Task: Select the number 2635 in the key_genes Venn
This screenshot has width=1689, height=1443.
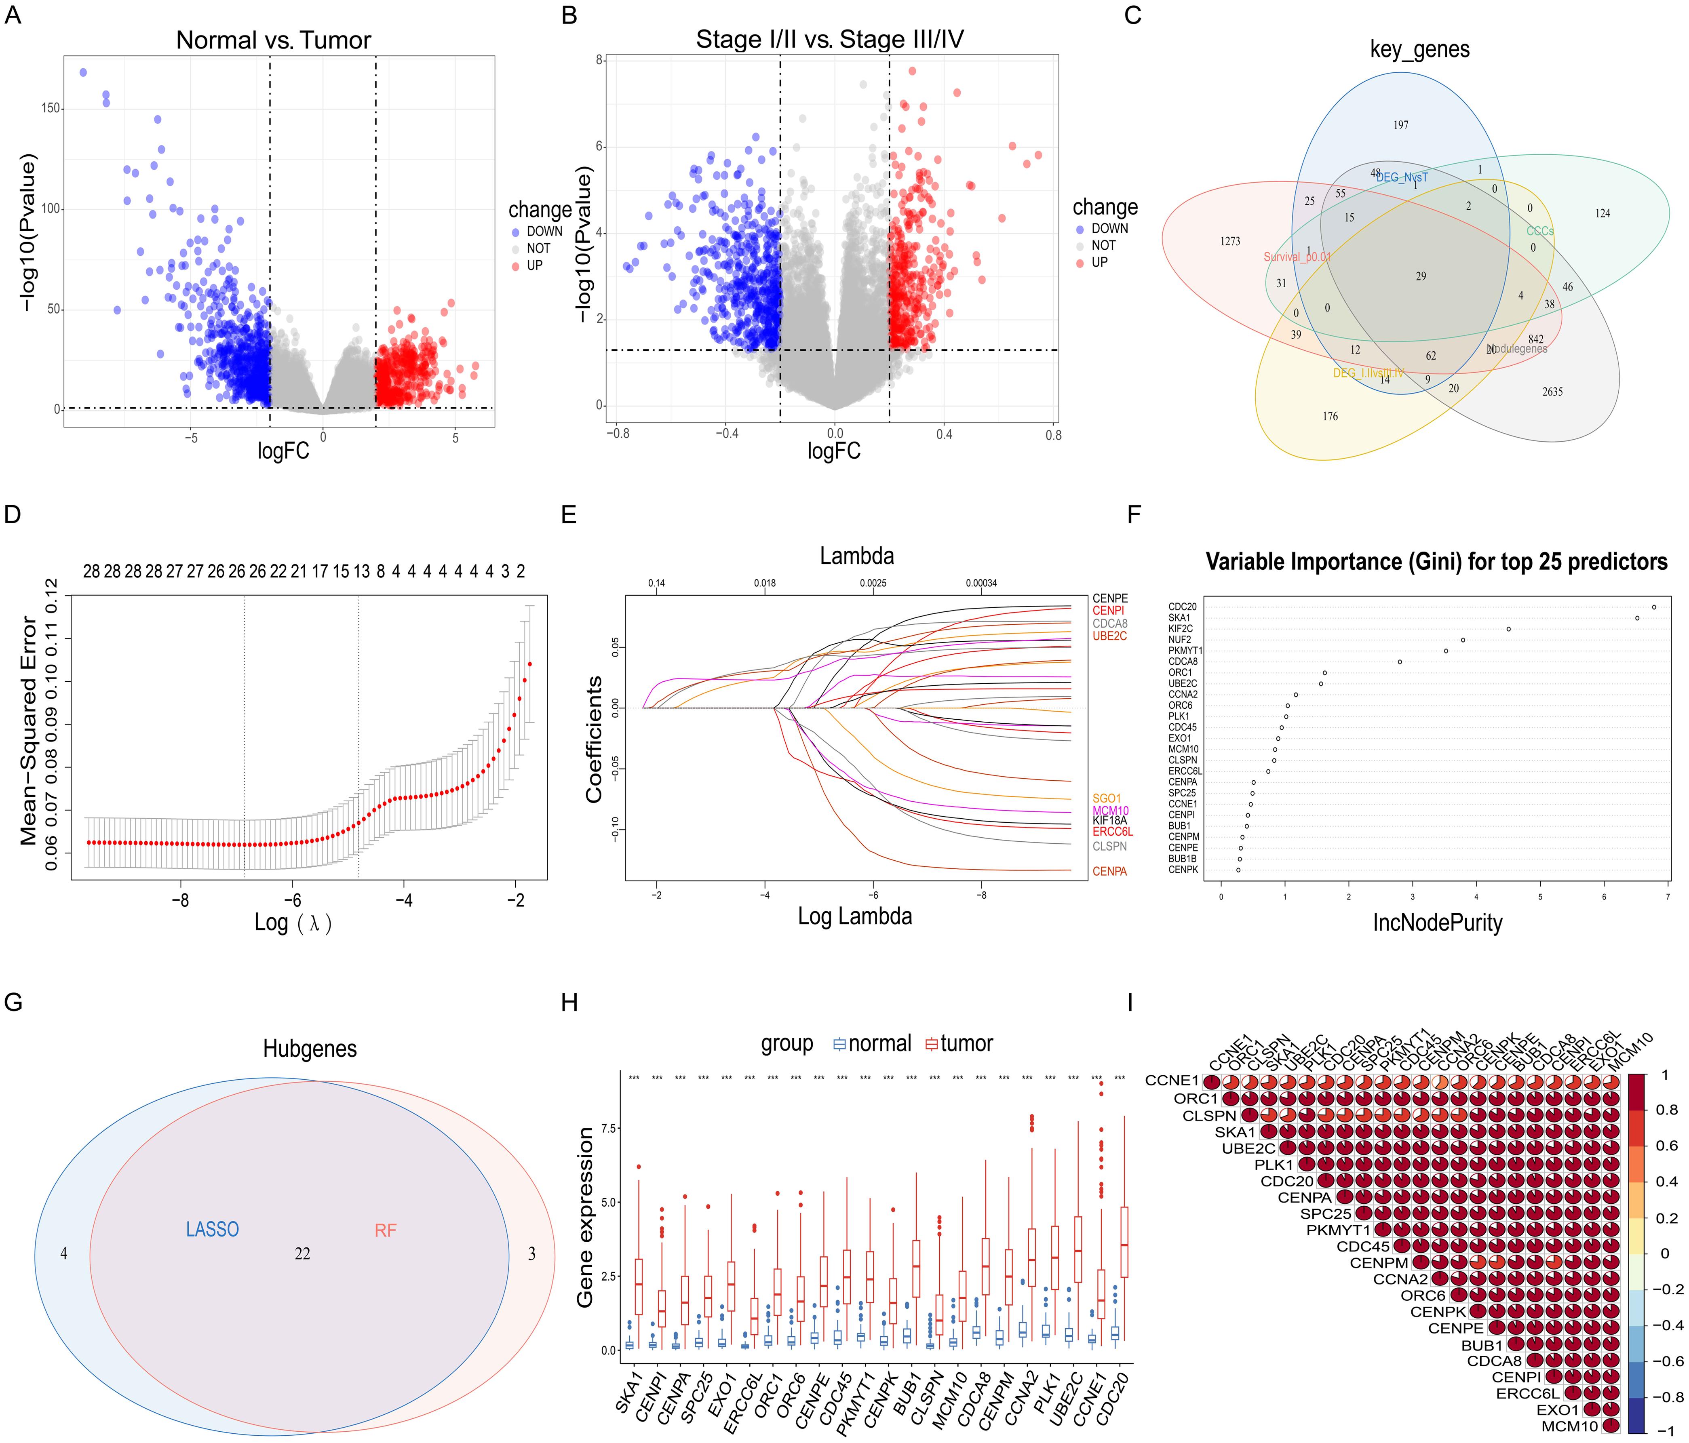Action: click(1552, 392)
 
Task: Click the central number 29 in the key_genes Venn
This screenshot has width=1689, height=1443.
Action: click(1421, 276)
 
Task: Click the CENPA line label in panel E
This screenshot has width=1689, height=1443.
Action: click(1109, 871)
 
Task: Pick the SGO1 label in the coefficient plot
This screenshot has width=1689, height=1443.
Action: click(1106, 798)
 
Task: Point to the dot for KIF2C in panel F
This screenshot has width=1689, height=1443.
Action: click(1508, 629)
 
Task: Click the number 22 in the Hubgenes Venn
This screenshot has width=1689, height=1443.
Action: click(302, 1254)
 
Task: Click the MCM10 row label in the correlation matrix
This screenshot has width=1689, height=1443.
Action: click(1569, 1426)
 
